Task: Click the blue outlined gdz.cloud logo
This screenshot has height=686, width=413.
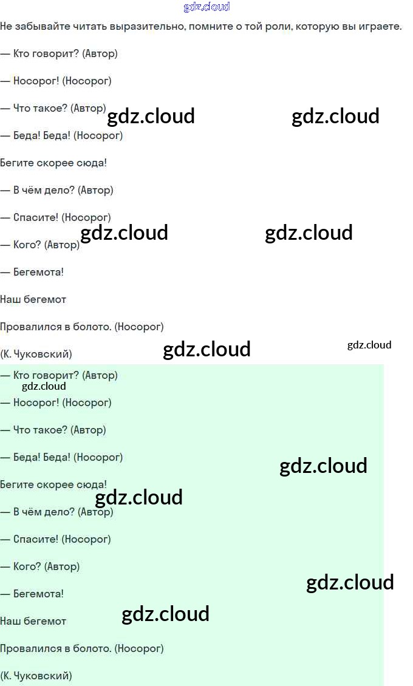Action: [206, 7]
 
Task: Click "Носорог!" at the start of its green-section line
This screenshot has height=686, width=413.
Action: [36, 402]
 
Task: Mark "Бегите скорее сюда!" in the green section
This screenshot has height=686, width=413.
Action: [53, 484]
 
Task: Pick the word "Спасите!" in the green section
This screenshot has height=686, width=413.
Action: [36, 539]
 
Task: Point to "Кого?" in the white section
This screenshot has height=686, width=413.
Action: [28, 245]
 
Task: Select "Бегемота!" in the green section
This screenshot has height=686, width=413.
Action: [38, 594]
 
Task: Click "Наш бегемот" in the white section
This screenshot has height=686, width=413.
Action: [33, 299]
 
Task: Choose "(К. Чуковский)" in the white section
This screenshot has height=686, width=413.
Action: [36, 354]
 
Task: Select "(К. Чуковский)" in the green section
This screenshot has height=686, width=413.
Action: [36, 676]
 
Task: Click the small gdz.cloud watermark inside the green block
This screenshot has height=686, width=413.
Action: [44, 386]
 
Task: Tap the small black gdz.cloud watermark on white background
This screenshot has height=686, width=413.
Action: [369, 345]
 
